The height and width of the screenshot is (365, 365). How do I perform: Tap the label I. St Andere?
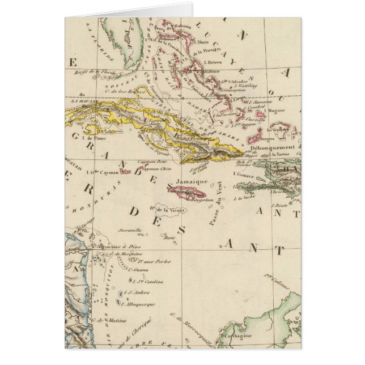(141, 292)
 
